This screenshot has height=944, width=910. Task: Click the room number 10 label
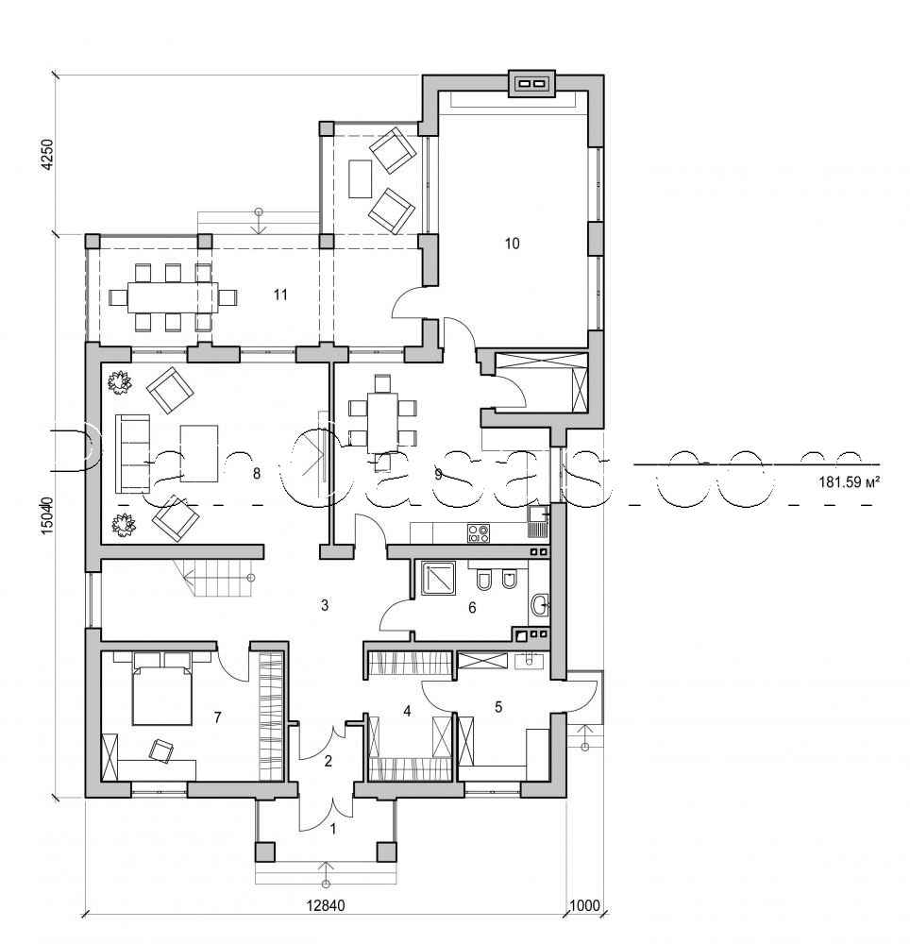point(512,244)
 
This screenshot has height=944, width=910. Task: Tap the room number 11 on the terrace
point(279,295)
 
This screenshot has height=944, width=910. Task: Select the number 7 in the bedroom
point(217,718)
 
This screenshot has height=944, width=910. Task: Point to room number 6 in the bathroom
point(471,609)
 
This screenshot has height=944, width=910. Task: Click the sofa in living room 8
point(130,453)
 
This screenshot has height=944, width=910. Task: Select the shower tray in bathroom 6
point(438,578)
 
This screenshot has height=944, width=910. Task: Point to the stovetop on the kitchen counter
point(479,533)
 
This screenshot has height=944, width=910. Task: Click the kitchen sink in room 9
point(539,515)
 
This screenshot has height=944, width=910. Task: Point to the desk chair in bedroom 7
point(162,749)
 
